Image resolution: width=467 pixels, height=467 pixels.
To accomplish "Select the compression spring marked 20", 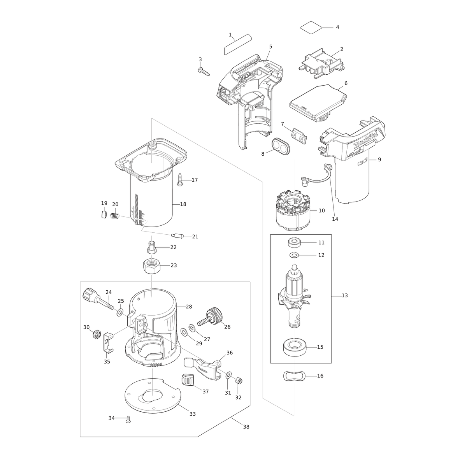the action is tap(115, 215).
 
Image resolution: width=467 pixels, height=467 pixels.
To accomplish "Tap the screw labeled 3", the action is tap(204, 72).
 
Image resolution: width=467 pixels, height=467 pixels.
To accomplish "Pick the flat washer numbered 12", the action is tap(294, 255).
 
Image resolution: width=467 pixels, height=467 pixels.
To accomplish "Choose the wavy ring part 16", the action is tap(294, 376).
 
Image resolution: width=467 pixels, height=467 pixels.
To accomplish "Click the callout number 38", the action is tap(246, 427).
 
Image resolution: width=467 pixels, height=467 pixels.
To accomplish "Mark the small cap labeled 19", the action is tap(104, 214).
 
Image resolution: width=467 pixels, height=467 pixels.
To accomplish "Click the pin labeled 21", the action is tap(177, 235).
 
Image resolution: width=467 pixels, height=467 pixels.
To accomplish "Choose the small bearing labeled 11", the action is tap(294, 242).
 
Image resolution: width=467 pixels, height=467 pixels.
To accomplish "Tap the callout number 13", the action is tap(344, 295).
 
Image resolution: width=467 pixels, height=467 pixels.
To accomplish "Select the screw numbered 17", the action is tap(180, 179).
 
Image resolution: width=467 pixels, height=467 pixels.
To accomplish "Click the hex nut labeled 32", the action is tap(239, 381).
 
